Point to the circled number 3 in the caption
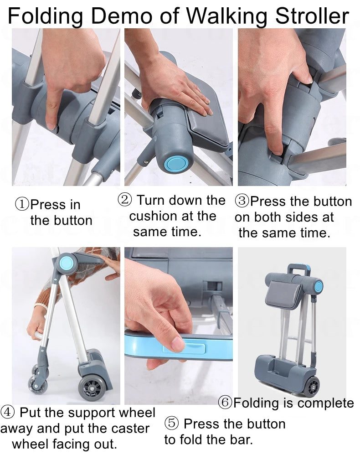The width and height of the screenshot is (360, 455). [x=242, y=201]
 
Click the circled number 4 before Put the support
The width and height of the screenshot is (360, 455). [x=8, y=413]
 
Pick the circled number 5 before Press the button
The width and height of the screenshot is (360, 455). [x=171, y=424]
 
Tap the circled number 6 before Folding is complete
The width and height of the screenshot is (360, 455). [x=225, y=403]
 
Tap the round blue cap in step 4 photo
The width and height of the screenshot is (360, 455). [x=67, y=263]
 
